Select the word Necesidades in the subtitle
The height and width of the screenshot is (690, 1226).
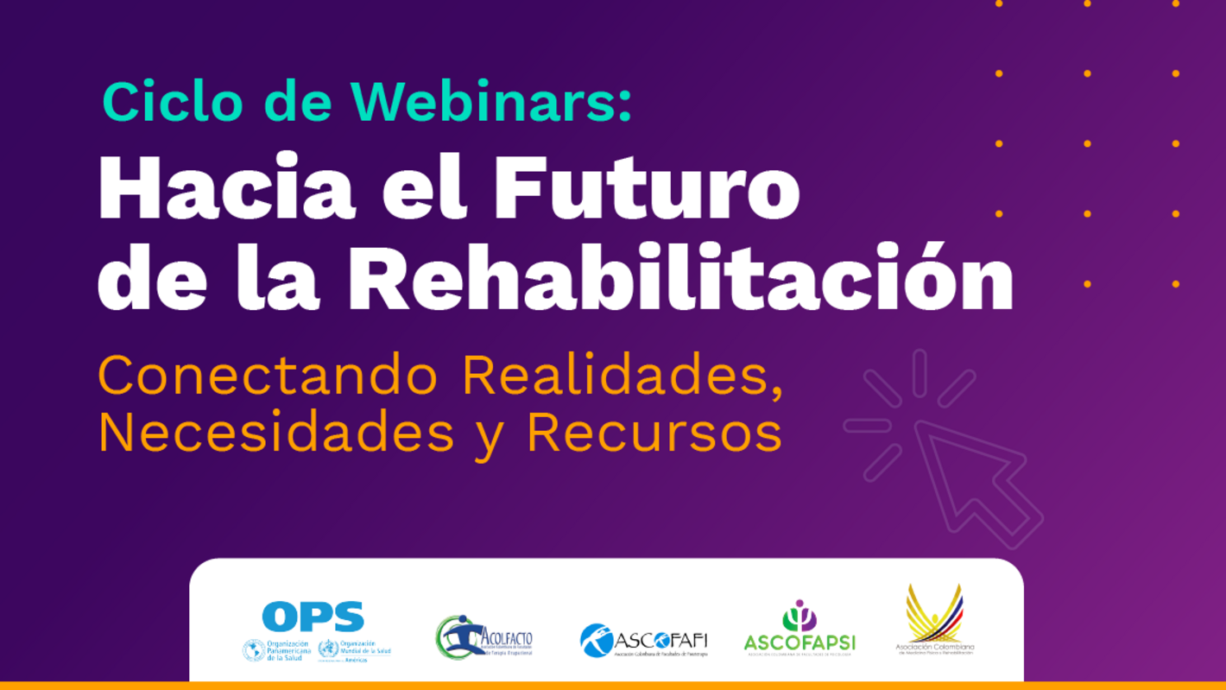click(276, 432)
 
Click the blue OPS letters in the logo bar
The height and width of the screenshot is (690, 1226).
click(313, 617)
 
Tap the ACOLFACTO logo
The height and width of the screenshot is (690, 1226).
click(483, 637)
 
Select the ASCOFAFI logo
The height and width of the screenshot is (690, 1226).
click(643, 641)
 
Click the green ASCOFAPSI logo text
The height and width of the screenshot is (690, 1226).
click(799, 643)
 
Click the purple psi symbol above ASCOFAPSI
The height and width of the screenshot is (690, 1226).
click(799, 616)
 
